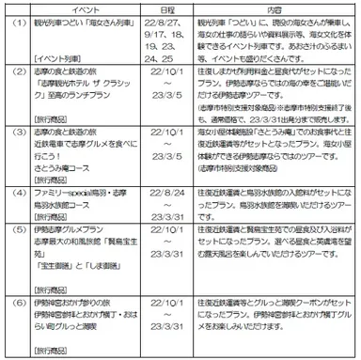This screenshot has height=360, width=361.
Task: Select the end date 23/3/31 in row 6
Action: tap(165, 322)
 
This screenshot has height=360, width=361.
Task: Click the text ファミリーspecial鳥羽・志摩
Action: tap(83, 189)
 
